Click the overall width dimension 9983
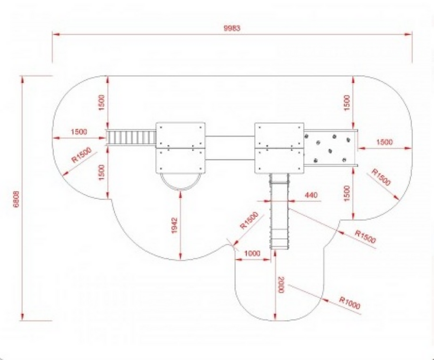[232, 28]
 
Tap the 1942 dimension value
[174, 225]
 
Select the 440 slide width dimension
[311, 195]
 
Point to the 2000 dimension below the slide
[281, 284]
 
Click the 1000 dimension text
[252, 253]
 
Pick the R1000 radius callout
[350, 303]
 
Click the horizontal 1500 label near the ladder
[79, 132]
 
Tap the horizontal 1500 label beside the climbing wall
[385, 142]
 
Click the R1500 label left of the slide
[249, 221]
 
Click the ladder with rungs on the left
[131, 138]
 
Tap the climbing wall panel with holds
[329, 148]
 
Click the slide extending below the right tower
[279, 211]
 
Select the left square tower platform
[181, 148]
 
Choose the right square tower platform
[279, 148]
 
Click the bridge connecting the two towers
[230, 148]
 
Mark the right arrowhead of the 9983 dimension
[408, 34]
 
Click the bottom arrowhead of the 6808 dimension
[23, 317]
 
